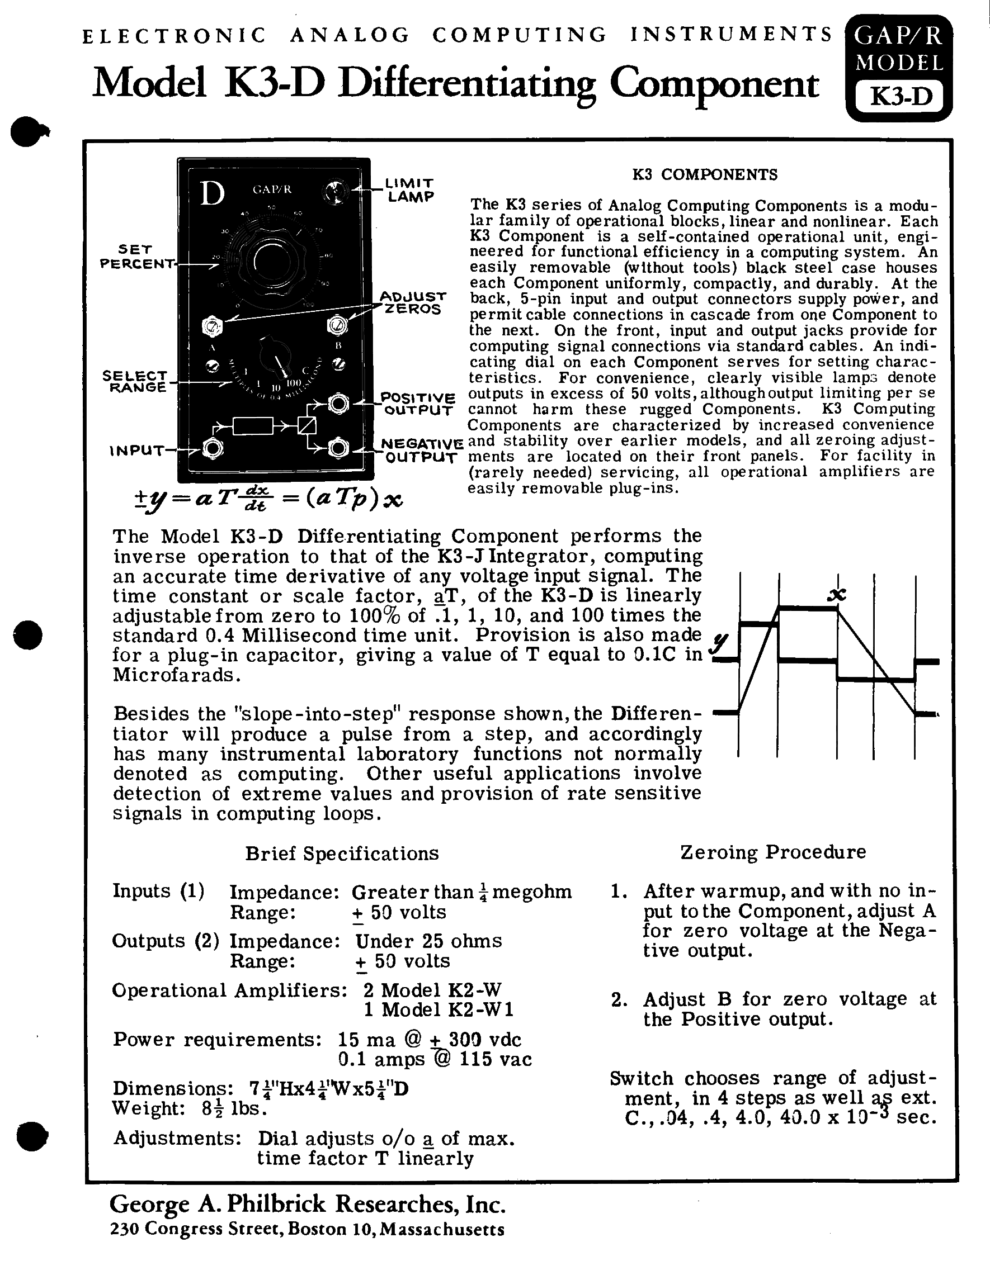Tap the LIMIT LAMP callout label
[x=410, y=191]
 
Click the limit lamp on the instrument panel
[x=336, y=191]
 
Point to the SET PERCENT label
[x=136, y=257]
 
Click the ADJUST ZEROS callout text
[x=413, y=302]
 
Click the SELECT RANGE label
[x=135, y=382]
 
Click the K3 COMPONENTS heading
[x=704, y=174]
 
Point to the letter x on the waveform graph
[x=836, y=595]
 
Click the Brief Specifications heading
[x=342, y=854]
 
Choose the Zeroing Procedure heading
[x=773, y=852]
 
